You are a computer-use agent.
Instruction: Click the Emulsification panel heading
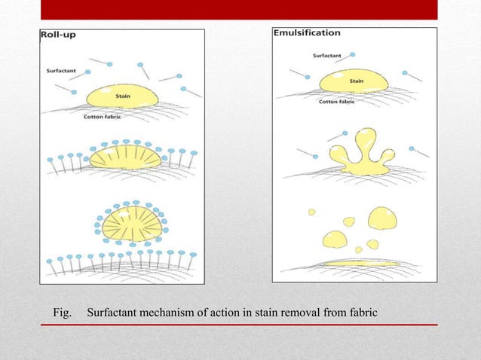tap(306, 33)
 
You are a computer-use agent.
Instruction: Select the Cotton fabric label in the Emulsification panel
tap(338, 101)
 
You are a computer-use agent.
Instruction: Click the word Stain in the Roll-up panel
tap(121, 96)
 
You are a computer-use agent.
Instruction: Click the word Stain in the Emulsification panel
tap(357, 81)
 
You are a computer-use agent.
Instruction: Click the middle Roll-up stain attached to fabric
tap(126, 157)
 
